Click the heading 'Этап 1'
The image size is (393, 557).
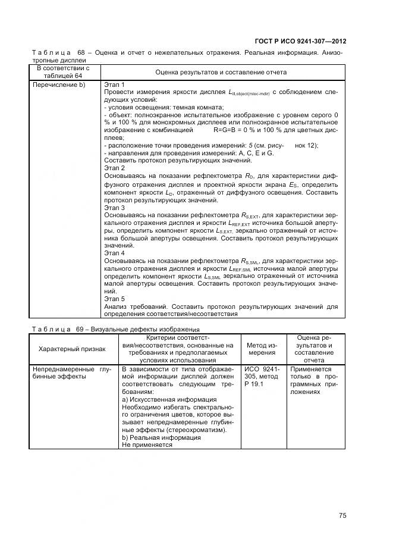(x=114, y=85)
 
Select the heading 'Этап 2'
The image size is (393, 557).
(x=114, y=168)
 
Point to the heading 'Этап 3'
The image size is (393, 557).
(x=114, y=208)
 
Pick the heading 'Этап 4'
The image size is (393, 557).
(x=114, y=252)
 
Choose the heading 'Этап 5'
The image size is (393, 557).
(x=114, y=299)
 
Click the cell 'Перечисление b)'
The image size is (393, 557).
(x=59, y=85)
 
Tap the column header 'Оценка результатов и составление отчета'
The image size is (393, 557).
(x=221, y=72)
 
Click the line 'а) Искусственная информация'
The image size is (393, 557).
(x=160, y=399)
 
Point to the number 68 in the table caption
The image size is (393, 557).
(x=81, y=52)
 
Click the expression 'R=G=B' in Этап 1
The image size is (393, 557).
(x=227, y=129)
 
